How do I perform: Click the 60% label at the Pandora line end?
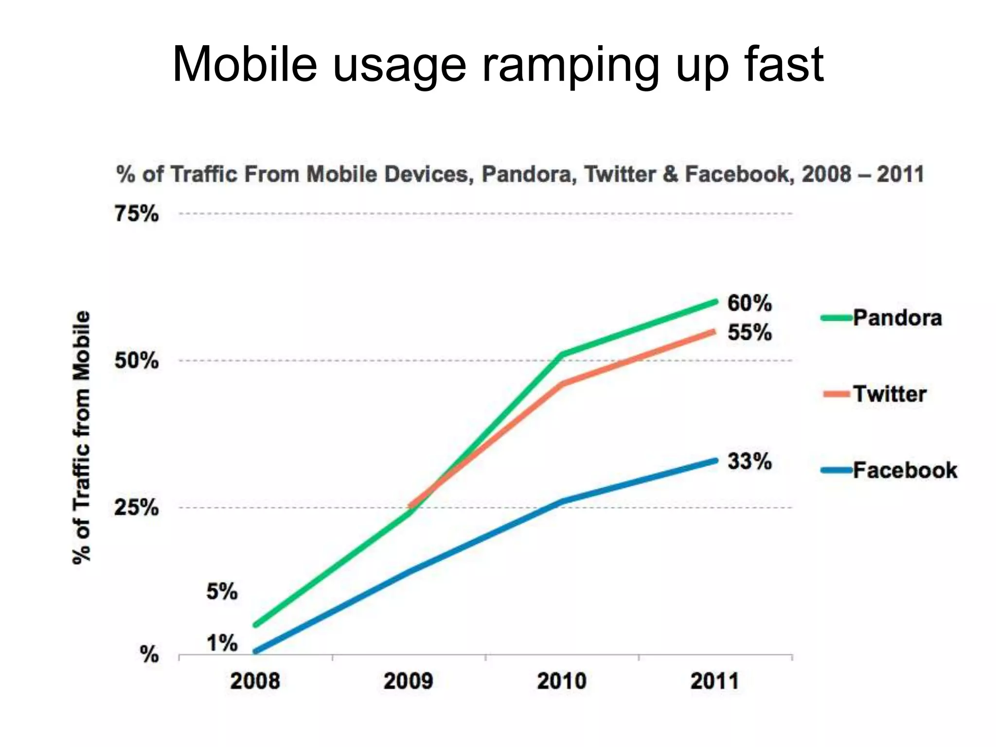(749, 303)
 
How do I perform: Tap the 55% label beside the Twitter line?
(749, 333)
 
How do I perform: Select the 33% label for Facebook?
(749, 462)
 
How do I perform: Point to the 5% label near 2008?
(222, 592)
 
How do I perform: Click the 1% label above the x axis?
(222, 643)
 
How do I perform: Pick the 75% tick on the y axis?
(137, 214)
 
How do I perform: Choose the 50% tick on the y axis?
(137, 361)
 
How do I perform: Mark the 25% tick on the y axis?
(137, 508)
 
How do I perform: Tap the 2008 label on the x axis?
(255, 681)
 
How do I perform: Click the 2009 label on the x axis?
(408, 681)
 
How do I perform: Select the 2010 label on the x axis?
(561, 681)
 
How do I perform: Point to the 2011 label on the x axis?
(714, 681)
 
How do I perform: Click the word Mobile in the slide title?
(245, 64)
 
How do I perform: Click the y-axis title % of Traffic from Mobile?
(81, 438)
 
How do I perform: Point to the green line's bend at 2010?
(563, 354)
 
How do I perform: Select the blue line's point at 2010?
(563, 501)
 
